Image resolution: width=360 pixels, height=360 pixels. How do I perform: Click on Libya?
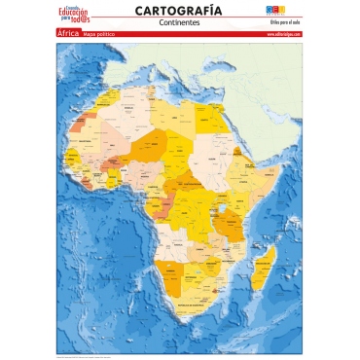[174, 108]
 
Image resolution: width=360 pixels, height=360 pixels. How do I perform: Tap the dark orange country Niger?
[151, 145]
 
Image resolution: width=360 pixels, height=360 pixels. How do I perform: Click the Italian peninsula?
[163, 58]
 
